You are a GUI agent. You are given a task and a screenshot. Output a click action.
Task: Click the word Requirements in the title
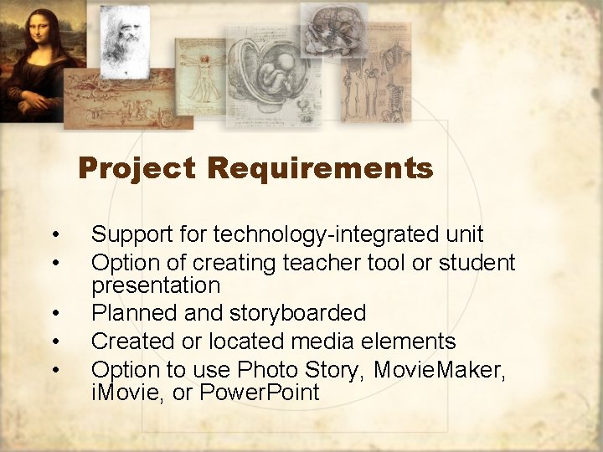[320, 169]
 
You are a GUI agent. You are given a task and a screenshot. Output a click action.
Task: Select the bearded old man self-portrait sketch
[124, 38]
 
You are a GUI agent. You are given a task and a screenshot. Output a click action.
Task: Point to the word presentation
[155, 285]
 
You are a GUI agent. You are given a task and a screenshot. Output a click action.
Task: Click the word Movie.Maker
[440, 369]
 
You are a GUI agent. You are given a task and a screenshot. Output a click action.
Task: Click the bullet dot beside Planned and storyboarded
[54, 314]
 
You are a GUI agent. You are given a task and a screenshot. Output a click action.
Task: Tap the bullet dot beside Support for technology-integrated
[54, 235]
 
